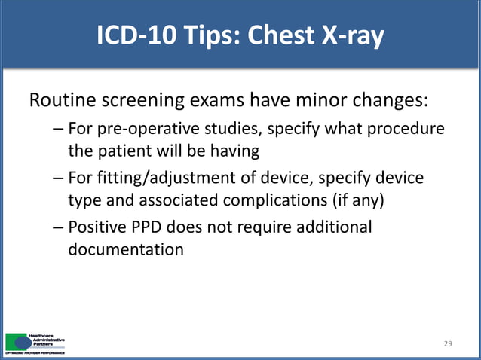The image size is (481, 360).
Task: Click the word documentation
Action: pos(126,249)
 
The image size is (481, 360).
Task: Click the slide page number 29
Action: pos(448,343)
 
